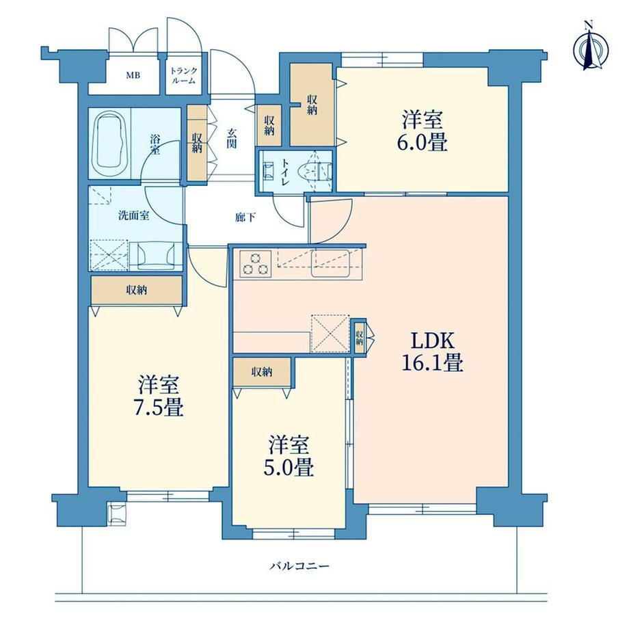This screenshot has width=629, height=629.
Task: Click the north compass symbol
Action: (591, 48)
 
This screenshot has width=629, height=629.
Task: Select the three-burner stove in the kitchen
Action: (256, 263)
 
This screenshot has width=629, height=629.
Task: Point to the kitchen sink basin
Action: (330, 263)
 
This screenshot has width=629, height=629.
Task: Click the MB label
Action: (133, 75)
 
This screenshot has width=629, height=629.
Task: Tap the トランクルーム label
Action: (184, 75)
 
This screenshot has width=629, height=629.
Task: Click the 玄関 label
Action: (232, 138)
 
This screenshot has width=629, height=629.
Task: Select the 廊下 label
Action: (245, 217)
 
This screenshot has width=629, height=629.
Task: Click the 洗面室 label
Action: (133, 215)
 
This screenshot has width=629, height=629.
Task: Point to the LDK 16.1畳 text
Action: (432, 352)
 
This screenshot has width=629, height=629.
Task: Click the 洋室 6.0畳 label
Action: (423, 131)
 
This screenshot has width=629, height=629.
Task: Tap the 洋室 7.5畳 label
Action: (159, 396)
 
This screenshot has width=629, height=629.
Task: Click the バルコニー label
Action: (299, 566)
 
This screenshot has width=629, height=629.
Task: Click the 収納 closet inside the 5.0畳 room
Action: (262, 372)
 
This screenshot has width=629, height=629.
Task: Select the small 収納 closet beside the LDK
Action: (360, 336)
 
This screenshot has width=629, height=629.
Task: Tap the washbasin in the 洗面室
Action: (156, 256)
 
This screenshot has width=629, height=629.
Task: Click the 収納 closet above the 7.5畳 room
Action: (137, 290)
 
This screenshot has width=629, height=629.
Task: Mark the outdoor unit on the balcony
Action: (117, 513)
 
